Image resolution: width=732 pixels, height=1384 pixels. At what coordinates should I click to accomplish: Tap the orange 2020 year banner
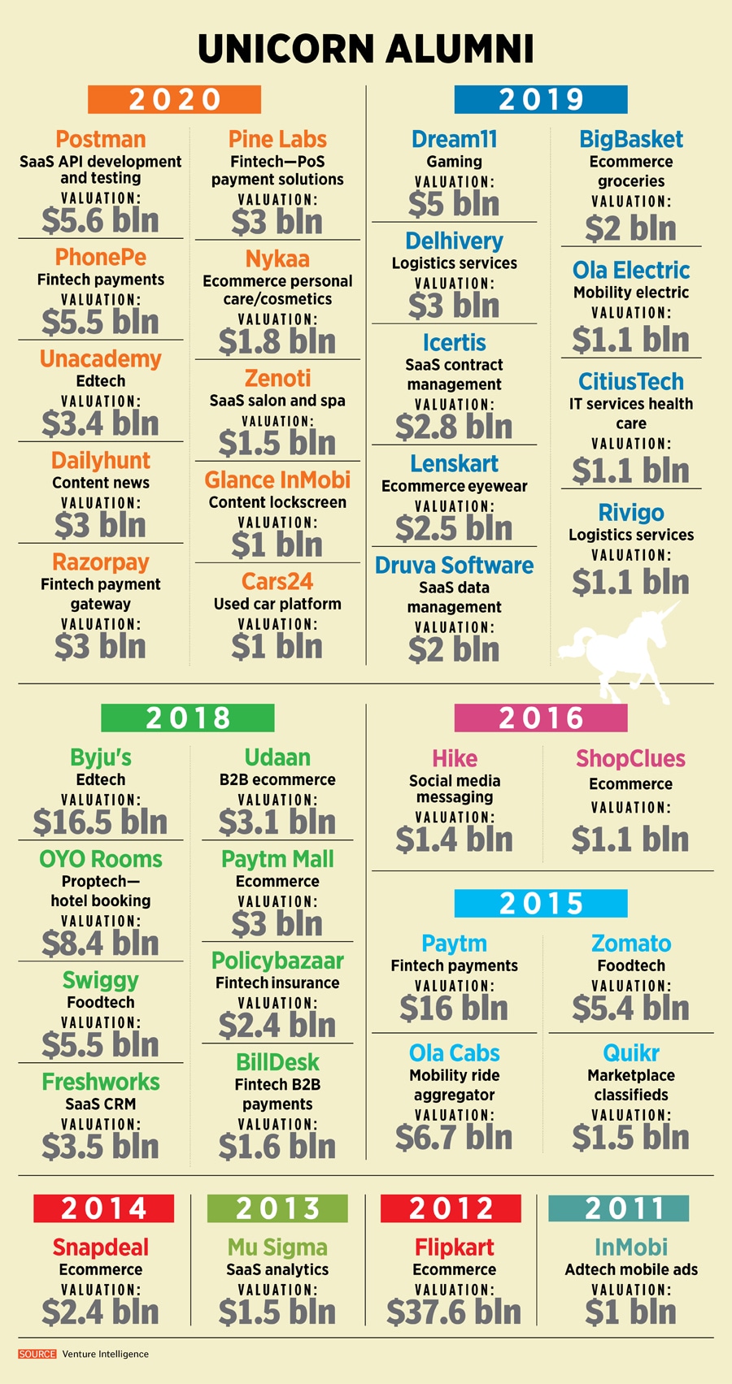[174, 99]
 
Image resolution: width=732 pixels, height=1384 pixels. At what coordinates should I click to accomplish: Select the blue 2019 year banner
[541, 99]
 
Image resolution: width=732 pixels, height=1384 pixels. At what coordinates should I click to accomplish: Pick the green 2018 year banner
[188, 718]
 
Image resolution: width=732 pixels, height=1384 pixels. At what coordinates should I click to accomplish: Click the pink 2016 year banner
[541, 718]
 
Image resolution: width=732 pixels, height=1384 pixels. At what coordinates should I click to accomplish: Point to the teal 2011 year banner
[618, 1208]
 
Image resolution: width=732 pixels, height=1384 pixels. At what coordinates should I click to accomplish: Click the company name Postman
[101, 140]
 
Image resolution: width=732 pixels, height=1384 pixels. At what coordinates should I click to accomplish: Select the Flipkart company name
[454, 1247]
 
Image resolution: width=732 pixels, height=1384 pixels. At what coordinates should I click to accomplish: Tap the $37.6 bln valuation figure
[454, 1312]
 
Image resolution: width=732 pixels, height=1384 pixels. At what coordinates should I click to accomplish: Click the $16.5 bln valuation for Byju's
[101, 822]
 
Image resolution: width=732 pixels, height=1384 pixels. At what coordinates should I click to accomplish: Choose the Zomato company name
[631, 944]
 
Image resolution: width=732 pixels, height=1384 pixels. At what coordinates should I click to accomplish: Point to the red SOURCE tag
[37, 1354]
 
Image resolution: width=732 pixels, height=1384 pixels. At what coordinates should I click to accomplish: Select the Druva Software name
[454, 566]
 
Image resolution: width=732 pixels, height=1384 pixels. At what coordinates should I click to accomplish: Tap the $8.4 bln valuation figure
[101, 944]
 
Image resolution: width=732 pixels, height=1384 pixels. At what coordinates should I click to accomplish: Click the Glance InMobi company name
[277, 480]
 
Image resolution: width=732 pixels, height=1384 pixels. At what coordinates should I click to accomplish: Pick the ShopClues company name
[631, 759]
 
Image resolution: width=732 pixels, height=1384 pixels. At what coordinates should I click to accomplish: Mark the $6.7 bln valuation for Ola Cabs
[454, 1138]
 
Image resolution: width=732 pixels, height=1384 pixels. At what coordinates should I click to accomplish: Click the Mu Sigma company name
[277, 1247]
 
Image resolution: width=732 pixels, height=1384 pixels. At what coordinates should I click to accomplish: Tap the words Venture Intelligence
[106, 1354]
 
